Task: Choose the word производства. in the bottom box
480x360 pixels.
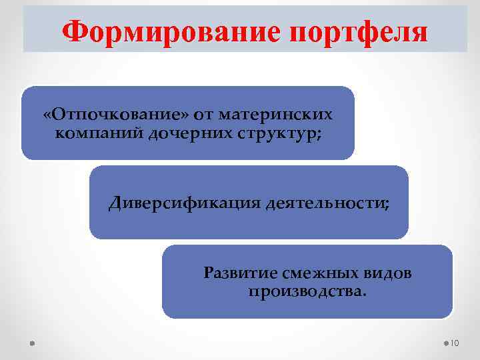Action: coord(307,291)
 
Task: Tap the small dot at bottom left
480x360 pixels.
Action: coord(32,343)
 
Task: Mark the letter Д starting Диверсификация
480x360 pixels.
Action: coord(115,203)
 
